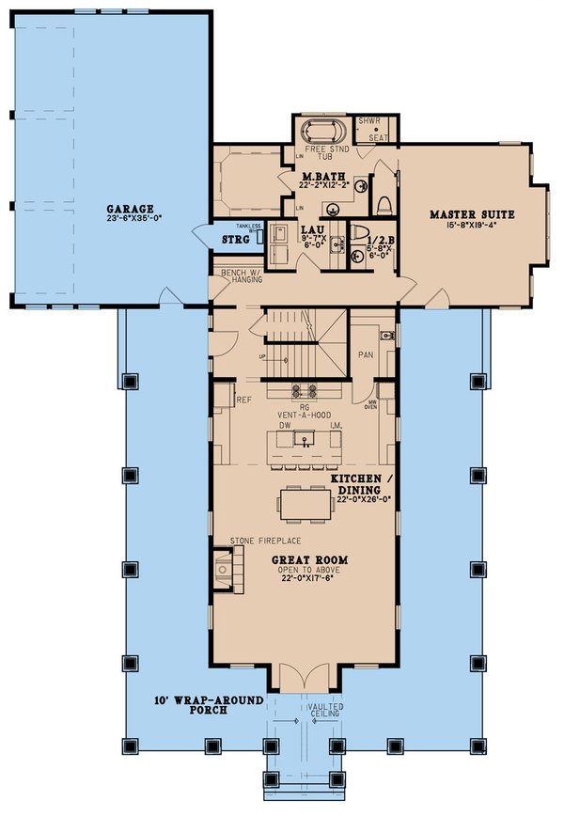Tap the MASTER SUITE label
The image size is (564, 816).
coord(462,214)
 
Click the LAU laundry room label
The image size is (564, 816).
coord(311,228)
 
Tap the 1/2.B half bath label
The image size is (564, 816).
coord(372,239)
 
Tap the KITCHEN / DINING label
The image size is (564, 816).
coord(354,485)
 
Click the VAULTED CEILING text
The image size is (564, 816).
coord(324,711)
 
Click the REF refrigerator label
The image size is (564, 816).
coord(243,400)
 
